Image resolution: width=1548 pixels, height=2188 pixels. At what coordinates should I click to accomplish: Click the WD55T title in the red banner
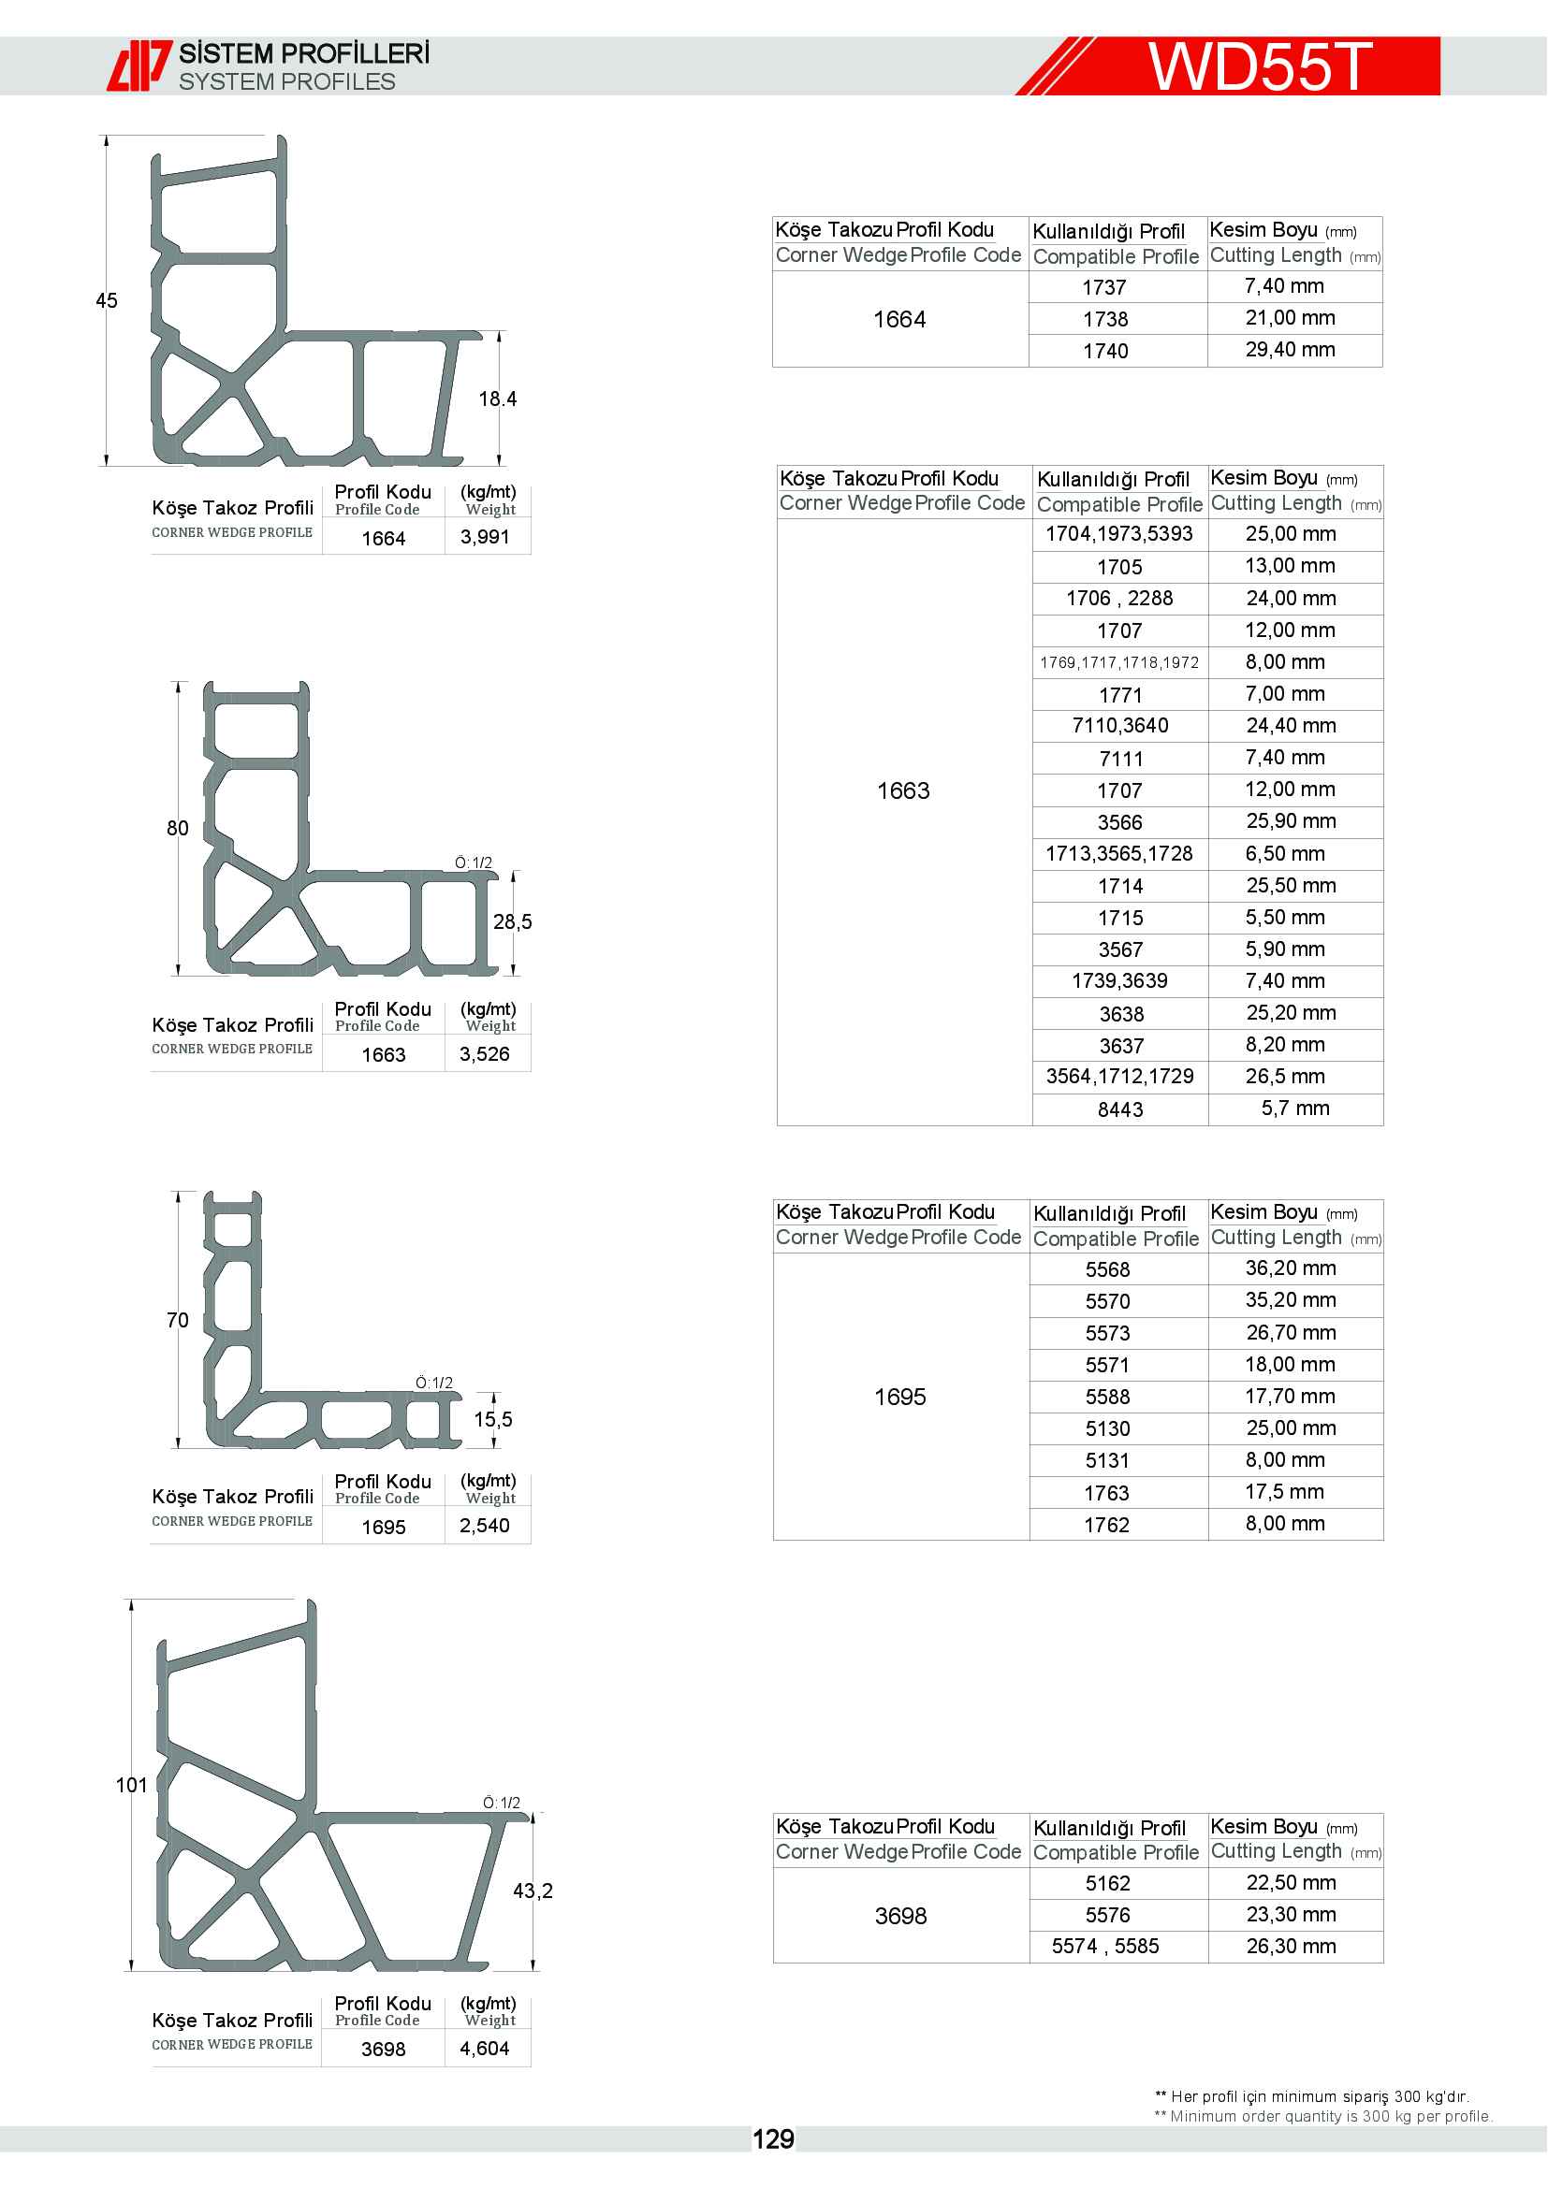(1259, 65)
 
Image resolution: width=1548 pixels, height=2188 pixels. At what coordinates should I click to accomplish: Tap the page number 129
(772, 2139)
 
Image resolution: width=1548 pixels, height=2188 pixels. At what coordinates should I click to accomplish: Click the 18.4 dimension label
(497, 399)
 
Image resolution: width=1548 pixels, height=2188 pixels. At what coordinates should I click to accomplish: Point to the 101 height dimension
(132, 1785)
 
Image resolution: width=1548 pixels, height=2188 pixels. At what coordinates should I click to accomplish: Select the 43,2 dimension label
(532, 1891)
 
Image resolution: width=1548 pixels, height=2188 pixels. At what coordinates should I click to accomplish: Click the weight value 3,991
(484, 538)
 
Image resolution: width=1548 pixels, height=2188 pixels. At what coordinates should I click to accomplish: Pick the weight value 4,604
(484, 2049)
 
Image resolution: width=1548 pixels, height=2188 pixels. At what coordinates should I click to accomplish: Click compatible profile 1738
(1104, 319)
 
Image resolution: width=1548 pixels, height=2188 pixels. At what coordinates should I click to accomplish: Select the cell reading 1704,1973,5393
(1119, 533)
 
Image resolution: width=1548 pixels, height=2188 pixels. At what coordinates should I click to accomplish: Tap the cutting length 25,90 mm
(1291, 821)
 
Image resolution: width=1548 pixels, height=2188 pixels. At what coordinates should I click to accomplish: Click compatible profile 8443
(1120, 1109)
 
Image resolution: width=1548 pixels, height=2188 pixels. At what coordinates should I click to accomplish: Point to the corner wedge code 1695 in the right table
(899, 1397)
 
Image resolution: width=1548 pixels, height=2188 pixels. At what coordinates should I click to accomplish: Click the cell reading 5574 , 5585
(1104, 1946)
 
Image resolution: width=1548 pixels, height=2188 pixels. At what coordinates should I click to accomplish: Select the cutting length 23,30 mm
(1291, 1915)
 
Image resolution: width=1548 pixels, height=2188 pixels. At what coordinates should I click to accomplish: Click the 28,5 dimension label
(512, 921)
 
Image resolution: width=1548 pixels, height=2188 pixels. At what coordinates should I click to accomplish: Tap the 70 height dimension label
(177, 1320)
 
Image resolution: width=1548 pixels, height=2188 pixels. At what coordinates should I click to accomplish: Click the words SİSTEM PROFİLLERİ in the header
(304, 53)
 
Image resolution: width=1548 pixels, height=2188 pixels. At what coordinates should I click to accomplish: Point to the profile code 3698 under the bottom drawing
(383, 2049)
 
